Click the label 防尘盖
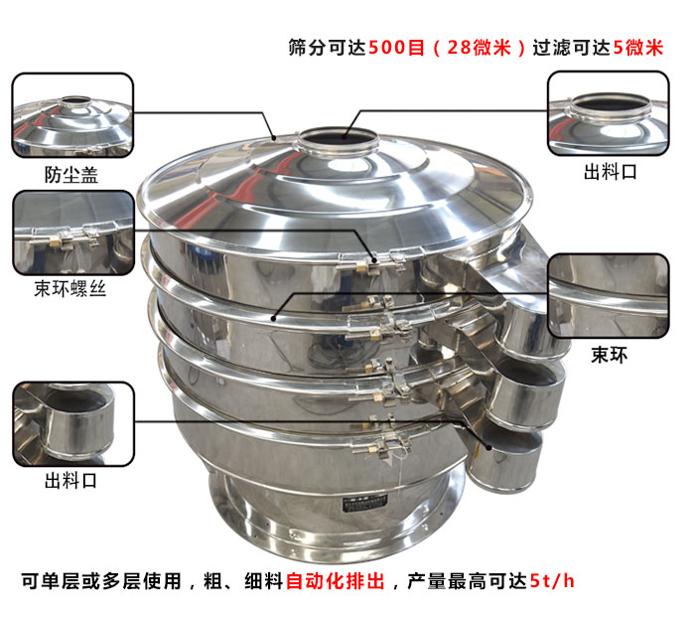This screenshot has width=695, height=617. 70,174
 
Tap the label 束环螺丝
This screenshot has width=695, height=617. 70,288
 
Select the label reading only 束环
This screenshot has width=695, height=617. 609,355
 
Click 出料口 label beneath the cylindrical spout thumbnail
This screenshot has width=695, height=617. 70,480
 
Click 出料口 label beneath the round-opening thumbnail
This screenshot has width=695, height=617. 611,172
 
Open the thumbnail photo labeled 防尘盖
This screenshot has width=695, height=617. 72,115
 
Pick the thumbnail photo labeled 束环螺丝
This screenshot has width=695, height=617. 73,232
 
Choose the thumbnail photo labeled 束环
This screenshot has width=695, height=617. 609,296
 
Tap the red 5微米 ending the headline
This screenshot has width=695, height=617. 638,48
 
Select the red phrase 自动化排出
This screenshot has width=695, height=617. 336,581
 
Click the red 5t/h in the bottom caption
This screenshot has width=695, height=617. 552,581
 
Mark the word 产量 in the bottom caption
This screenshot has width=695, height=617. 426,581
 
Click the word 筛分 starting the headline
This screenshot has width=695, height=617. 308,48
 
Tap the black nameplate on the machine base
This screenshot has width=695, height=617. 364,504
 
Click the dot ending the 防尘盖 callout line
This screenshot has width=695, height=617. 274,138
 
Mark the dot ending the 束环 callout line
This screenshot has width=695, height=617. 273,318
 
